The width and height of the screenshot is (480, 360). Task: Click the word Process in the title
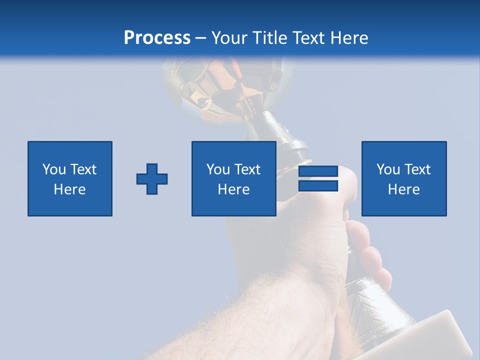[x=157, y=38]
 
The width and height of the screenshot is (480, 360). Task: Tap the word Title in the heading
[x=269, y=38]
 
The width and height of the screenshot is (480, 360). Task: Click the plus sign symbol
[x=152, y=179]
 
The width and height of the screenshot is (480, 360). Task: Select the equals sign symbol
[x=318, y=179]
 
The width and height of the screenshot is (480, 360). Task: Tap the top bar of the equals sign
[x=318, y=172]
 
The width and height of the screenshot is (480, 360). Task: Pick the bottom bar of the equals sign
[x=318, y=186]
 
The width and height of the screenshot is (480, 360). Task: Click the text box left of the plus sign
[x=70, y=179]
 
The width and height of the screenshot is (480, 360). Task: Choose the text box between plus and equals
[x=234, y=179]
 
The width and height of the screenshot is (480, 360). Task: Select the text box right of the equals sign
[x=404, y=179]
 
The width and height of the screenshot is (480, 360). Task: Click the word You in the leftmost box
[x=54, y=169]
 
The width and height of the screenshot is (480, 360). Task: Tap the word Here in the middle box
[x=234, y=189]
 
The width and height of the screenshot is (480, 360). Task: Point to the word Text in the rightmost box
[x=418, y=169]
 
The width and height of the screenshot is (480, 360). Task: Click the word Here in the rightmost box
[x=404, y=189]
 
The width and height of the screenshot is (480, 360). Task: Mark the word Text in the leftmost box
[x=83, y=169]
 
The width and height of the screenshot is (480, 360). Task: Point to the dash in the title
[x=201, y=38]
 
